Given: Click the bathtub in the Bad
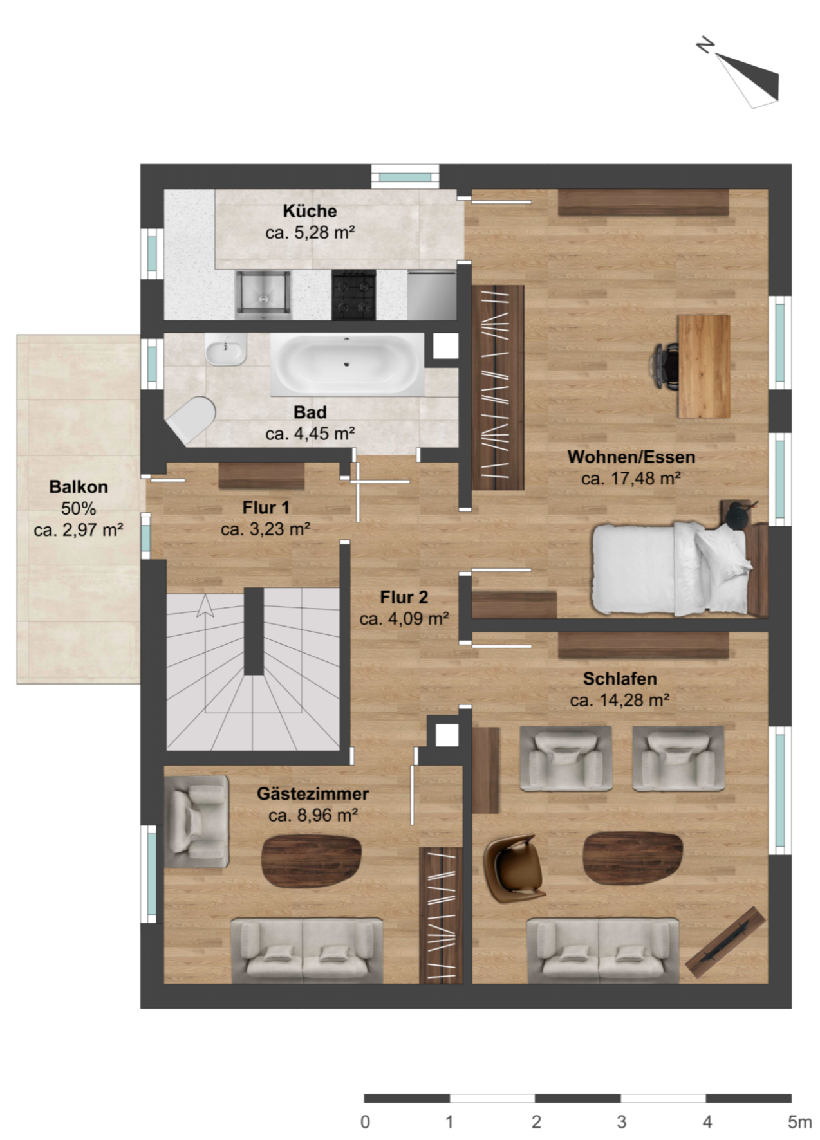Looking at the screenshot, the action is (348, 364).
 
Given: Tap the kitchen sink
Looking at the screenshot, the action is (263, 295).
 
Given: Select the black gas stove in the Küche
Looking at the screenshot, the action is (353, 295).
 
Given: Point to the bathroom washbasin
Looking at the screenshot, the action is (226, 349).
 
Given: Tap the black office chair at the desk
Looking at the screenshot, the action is (667, 366).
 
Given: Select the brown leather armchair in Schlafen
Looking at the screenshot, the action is (514, 868).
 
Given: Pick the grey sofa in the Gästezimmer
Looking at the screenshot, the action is (307, 951).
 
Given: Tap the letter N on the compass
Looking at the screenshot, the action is (706, 46).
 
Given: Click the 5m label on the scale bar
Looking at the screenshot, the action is (799, 1122).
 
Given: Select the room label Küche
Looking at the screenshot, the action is (310, 211).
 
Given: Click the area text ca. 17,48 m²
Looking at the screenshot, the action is (631, 479).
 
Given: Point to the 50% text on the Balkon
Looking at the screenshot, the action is (79, 508).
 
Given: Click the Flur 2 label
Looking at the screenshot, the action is (404, 597).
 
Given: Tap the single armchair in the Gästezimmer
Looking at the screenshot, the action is (196, 821).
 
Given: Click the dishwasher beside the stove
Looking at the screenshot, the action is (432, 295).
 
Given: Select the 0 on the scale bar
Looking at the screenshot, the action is (365, 1122).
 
